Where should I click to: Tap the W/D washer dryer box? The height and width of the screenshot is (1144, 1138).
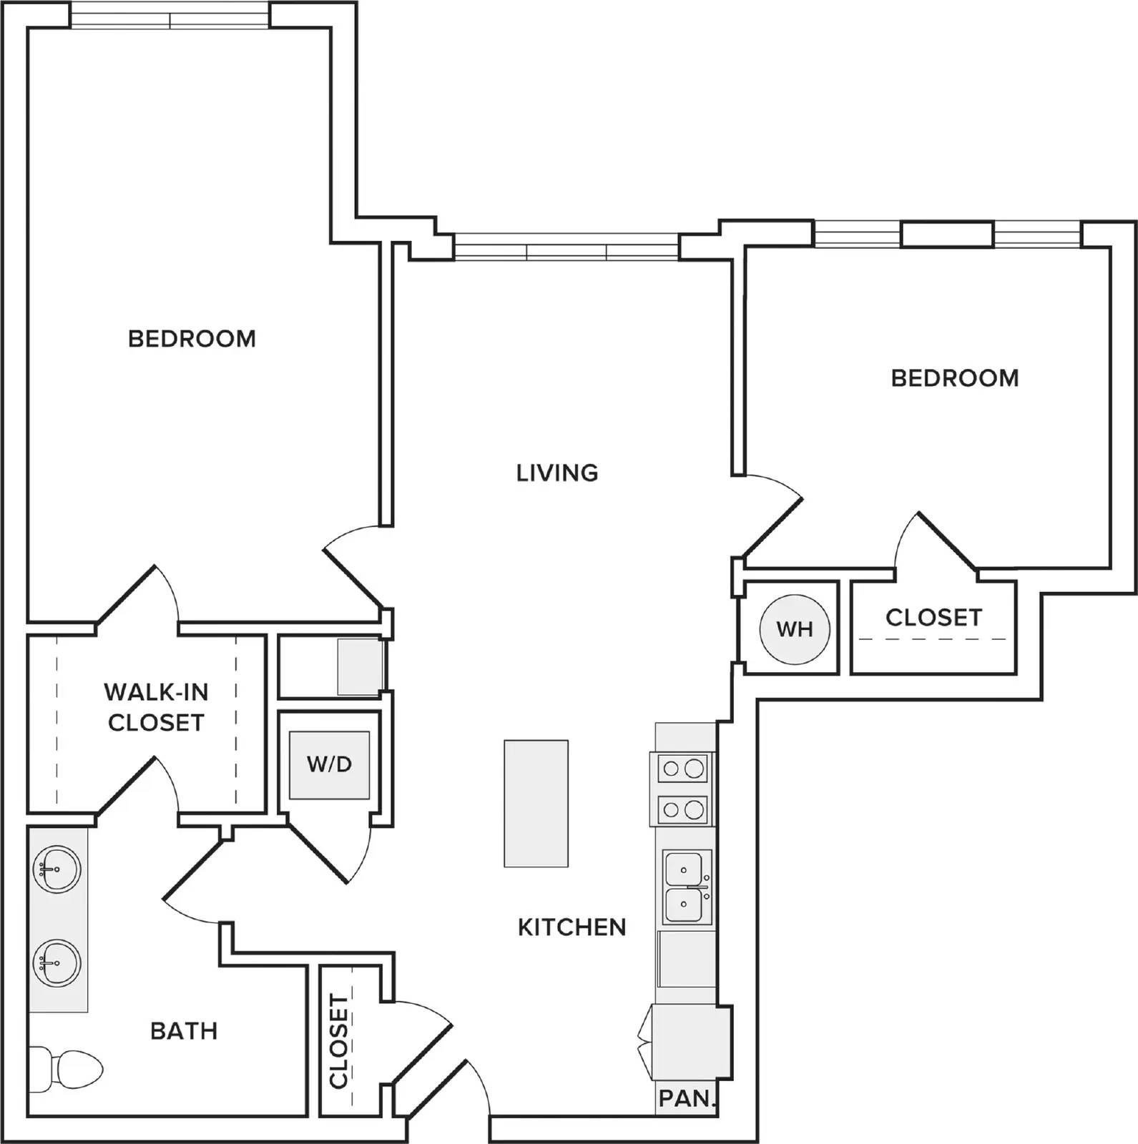(x=329, y=764)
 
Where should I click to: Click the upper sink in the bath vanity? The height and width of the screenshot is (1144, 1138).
(x=57, y=869)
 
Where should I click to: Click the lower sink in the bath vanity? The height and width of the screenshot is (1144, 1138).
(x=57, y=963)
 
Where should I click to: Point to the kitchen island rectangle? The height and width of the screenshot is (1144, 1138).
(x=536, y=803)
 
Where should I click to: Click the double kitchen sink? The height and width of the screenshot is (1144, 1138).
(x=686, y=887)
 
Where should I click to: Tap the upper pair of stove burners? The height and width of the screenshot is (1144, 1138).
(x=683, y=769)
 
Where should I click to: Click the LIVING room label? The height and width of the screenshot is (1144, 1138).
(x=557, y=473)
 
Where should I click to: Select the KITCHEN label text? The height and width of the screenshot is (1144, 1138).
(x=572, y=927)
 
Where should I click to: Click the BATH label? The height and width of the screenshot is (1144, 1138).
(x=184, y=1031)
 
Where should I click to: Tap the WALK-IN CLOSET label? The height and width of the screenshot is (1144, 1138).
(x=156, y=707)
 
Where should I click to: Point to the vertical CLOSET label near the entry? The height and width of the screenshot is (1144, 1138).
(x=338, y=1040)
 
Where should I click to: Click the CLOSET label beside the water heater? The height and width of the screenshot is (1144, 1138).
(x=933, y=617)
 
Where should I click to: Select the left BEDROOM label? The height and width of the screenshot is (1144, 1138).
(x=192, y=338)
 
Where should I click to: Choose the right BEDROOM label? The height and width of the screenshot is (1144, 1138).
(x=955, y=378)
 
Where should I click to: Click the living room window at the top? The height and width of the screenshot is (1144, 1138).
(x=566, y=247)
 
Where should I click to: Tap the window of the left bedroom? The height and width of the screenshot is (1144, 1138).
(x=170, y=16)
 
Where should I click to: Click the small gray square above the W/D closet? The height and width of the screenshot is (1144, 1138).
(x=360, y=666)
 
